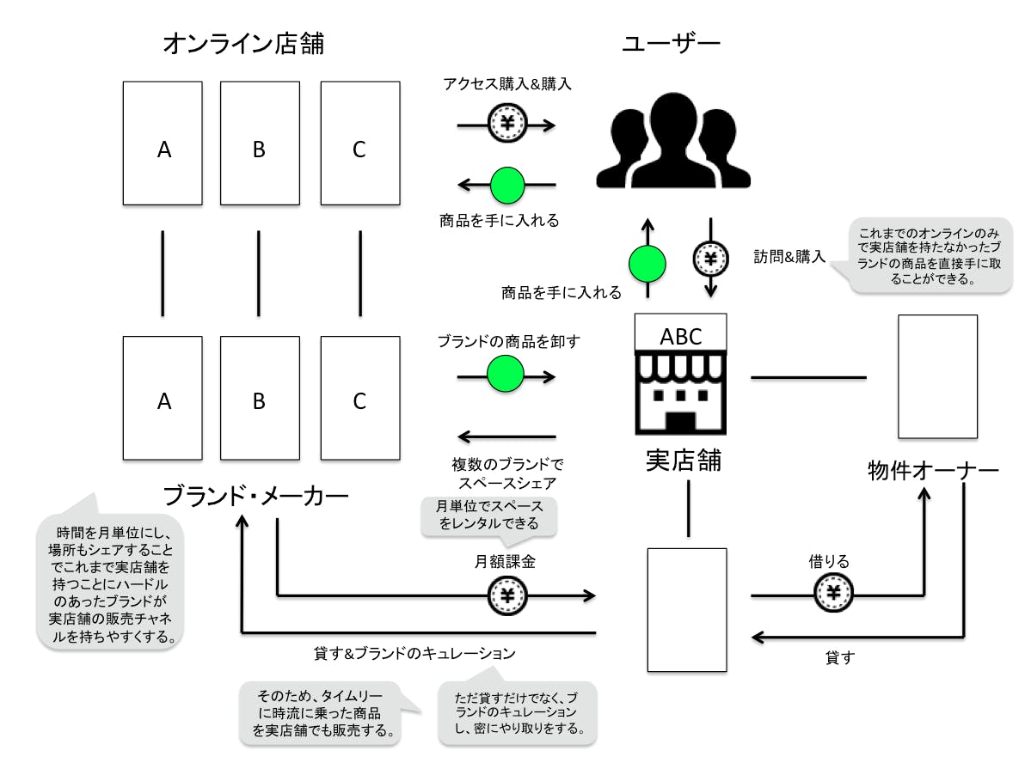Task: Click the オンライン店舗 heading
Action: (x=244, y=44)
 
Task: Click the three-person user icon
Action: (x=673, y=141)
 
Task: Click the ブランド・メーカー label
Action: (x=256, y=495)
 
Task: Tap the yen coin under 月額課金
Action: (x=506, y=595)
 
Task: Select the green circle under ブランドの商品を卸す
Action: (x=506, y=375)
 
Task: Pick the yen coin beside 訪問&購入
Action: (x=710, y=257)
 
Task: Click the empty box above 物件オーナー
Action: (x=937, y=377)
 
